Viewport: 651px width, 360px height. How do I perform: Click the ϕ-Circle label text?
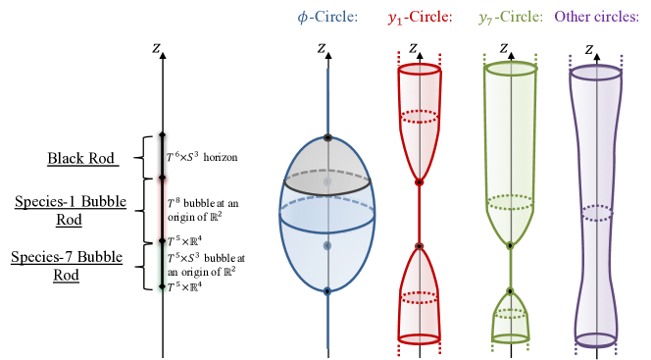pos(327,17)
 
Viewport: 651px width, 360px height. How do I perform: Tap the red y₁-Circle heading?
pos(420,17)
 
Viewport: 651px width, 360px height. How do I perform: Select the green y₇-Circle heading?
pos(510,17)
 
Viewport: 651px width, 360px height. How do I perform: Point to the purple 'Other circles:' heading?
pos(596,17)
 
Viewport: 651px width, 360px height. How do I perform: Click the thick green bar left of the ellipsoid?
pos(162,265)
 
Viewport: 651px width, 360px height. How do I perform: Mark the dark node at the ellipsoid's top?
pos(327,137)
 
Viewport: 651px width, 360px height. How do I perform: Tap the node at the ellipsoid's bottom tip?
pos(327,290)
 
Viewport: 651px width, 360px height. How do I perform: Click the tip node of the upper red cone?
pos(420,182)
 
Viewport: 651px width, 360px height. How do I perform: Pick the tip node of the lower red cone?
pos(420,246)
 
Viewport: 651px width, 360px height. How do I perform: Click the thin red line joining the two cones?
pos(420,214)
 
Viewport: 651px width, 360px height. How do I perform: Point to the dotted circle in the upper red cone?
pos(420,117)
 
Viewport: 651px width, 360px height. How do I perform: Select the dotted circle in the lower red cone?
pos(420,297)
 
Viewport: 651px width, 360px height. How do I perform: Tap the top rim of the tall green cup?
pos(511,69)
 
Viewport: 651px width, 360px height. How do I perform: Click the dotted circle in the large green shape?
pos(510,202)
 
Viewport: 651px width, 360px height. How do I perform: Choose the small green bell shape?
pos(510,316)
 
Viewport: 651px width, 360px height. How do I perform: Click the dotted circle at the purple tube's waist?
pos(596,213)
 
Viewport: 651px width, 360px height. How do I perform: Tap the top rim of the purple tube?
pos(596,73)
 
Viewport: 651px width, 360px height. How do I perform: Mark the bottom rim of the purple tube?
pos(596,339)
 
